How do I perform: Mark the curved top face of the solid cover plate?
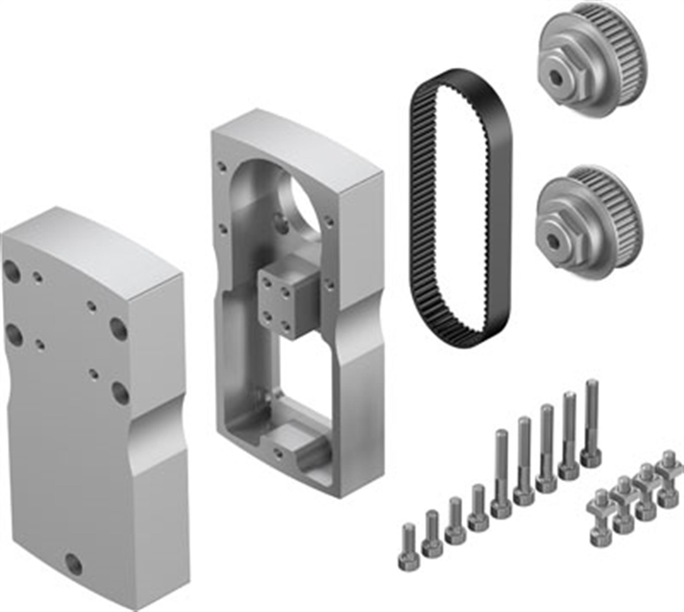point(95,243)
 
